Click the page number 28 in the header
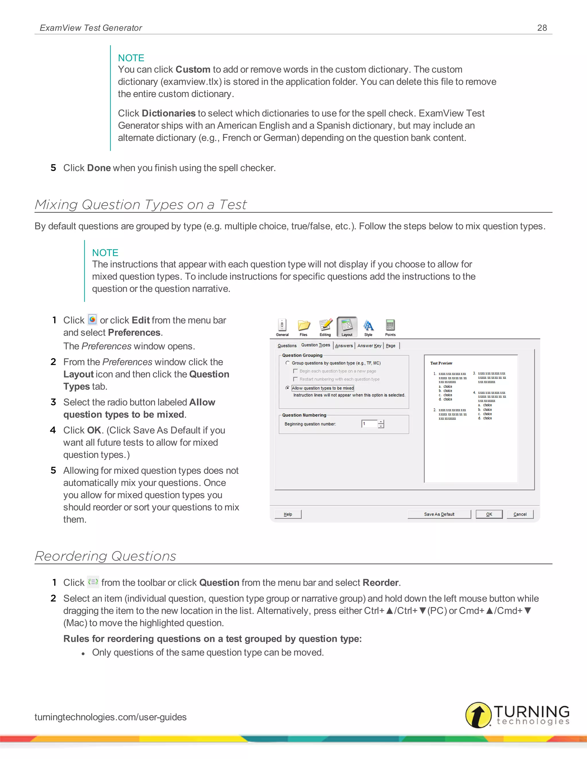pyautogui.click(x=542, y=28)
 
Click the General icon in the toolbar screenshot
pyautogui.click(x=282, y=326)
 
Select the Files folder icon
pyautogui.click(x=304, y=326)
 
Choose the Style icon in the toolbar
pyautogui.click(x=368, y=326)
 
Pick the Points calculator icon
pyautogui.click(x=390, y=326)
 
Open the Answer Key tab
pyautogui.click(x=369, y=345)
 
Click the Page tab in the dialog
pyautogui.click(x=391, y=345)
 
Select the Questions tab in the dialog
pyautogui.click(x=287, y=345)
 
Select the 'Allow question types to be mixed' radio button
pyautogui.click(x=287, y=388)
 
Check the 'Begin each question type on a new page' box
pyautogui.click(x=296, y=371)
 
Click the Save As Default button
pyautogui.click(x=439, y=514)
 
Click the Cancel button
pyautogui.click(x=520, y=514)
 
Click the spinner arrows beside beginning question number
pyautogui.click(x=381, y=424)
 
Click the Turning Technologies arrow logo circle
pyautogui.click(x=478, y=715)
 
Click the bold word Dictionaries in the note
pyautogui.click(x=169, y=113)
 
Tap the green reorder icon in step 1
pyautogui.click(x=93, y=582)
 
